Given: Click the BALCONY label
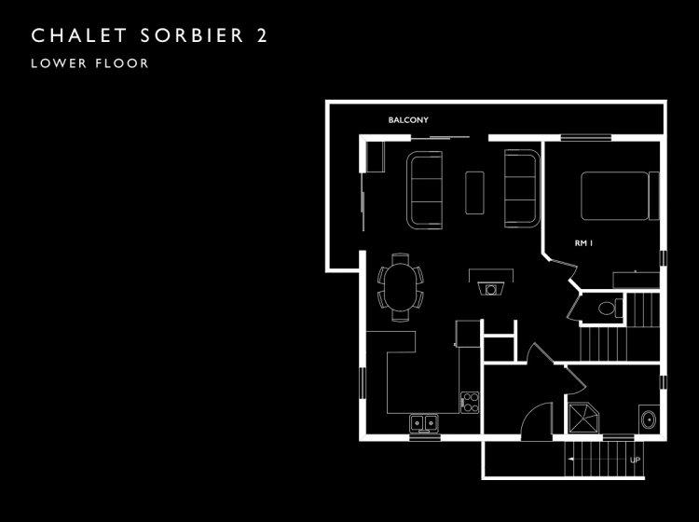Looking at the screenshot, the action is pos(408,120).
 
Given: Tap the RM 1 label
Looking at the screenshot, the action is pos(583,243).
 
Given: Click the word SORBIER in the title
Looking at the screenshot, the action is pos(192,35).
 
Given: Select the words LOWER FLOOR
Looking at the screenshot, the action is pos(89,63).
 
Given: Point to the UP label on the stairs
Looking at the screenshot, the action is pos(636,460).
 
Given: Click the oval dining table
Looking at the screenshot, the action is pos(401,287).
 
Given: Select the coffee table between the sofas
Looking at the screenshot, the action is pos(474,193).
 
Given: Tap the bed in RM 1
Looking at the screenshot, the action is pos(620,196).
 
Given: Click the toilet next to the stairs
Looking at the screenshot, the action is pos(610,308).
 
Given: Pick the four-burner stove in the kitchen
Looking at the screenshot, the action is pos(470,402).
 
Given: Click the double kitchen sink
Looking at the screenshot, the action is pos(424,422).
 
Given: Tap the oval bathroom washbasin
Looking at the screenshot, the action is pos(648,419).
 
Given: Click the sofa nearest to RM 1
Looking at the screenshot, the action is pos(522,188).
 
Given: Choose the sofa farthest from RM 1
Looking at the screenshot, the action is pos(424,190).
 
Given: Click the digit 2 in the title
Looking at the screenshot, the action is pos(262,35).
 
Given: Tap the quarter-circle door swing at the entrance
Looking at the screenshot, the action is pos(537,421).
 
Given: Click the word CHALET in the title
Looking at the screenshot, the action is pos(79,35).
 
